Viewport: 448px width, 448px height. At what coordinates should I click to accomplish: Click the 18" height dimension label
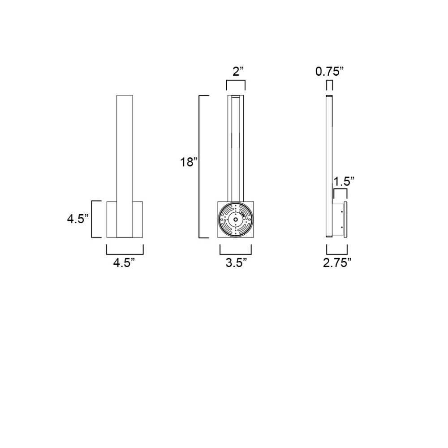[x=189, y=162]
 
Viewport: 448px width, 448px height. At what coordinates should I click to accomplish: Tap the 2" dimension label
[x=238, y=71]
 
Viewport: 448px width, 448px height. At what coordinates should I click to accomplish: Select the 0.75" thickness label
[x=329, y=71]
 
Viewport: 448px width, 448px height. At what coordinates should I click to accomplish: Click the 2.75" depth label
[x=337, y=263]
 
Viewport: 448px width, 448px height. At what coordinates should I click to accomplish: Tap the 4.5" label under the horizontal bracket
[x=124, y=263]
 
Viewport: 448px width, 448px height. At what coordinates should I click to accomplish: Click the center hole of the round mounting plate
[x=236, y=220]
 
